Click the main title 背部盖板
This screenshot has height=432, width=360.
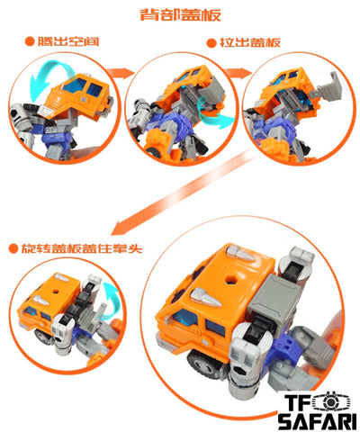pyautogui.click(x=181, y=14)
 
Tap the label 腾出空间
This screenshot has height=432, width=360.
pyautogui.click(x=68, y=41)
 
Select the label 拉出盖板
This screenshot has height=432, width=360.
pyautogui.click(x=250, y=42)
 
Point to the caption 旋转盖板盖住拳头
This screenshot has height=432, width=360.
pyautogui.click(x=81, y=248)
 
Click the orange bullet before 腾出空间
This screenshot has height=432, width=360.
pyautogui.click(x=30, y=41)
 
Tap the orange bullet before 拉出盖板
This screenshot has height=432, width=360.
pyautogui.click(x=211, y=42)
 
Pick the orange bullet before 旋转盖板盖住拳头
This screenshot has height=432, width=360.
pyautogui.click(x=13, y=248)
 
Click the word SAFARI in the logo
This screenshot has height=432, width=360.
pyautogui.click(x=317, y=420)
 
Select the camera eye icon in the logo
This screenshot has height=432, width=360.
pyautogui.click(x=329, y=401)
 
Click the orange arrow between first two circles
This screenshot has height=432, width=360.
pyautogui.click(x=120, y=73)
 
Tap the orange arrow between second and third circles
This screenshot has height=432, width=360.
pyautogui.click(x=238, y=73)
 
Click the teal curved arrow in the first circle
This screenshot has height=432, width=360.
pyautogui.click(x=51, y=75)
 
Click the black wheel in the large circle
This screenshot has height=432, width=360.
pyautogui.click(x=204, y=362)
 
